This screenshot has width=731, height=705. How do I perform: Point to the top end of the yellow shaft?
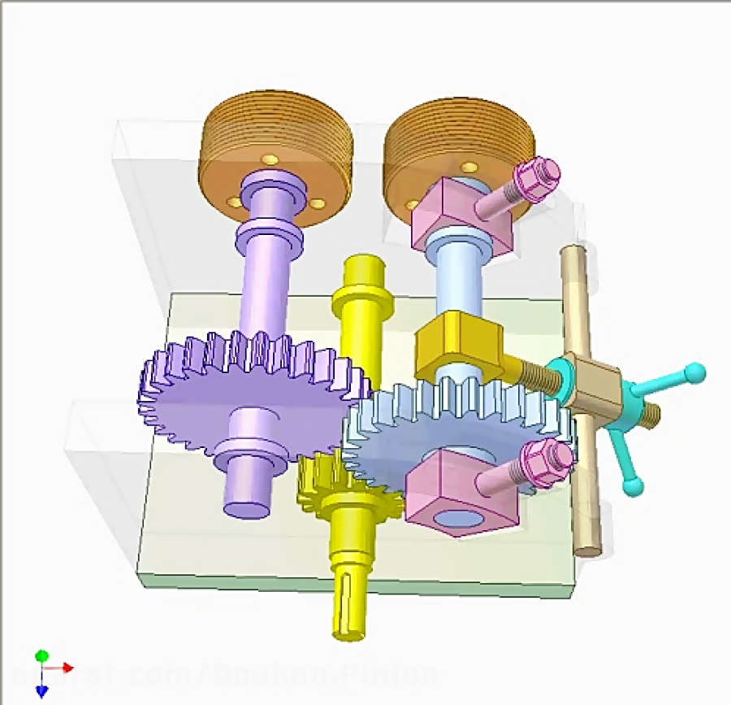pyautogui.click(x=362, y=268)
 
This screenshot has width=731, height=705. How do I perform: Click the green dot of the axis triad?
pyautogui.click(x=42, y=655)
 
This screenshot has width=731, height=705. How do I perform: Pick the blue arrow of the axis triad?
pyautogui.click(x=42, y=690)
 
